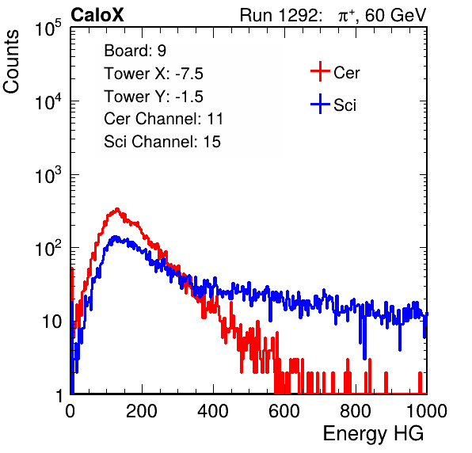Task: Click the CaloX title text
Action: point(97,15)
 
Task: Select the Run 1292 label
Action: point(279,15)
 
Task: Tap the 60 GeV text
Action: point(396,15)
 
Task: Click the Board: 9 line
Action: point(135,51)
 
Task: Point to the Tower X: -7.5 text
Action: point(154,74)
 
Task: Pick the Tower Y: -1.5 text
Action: point(154,97)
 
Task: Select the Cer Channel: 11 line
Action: point(163,119)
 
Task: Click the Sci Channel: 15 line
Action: point(162,142)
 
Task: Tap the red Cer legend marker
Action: point(320,71)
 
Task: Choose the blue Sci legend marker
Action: point(320,104)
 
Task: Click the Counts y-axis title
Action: point(11,62)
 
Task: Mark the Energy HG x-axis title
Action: point(373,433)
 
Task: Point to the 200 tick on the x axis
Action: point(142,411)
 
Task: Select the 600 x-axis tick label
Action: point(284,411)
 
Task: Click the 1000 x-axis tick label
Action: point(427,411)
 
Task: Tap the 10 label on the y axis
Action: point(52,322)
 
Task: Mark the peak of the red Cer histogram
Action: point(117,209)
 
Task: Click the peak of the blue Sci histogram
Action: point(115,237)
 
